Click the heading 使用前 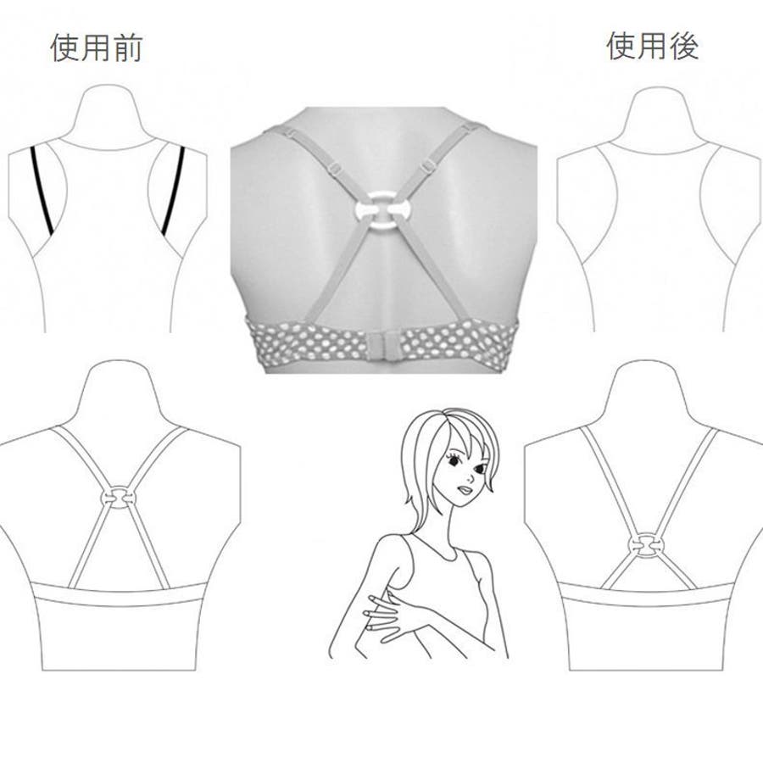pyautogui.click(x=96, y=47)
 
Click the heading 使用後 pyautogui.click(x=653, y=47)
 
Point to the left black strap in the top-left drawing pyautogui.click(x=42, y=189)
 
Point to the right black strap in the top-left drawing pyautogui.click(x=174, y=190)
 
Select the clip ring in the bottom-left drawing pyautogui.click(x=117, y=497)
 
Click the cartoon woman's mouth pyautogui.click(x=465, y=490)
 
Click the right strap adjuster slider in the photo pyautogui.click(x=426, y=165)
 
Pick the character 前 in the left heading pyautogui.click(x=126, y=47)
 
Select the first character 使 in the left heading pyautogui.click(x=64, y=47)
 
